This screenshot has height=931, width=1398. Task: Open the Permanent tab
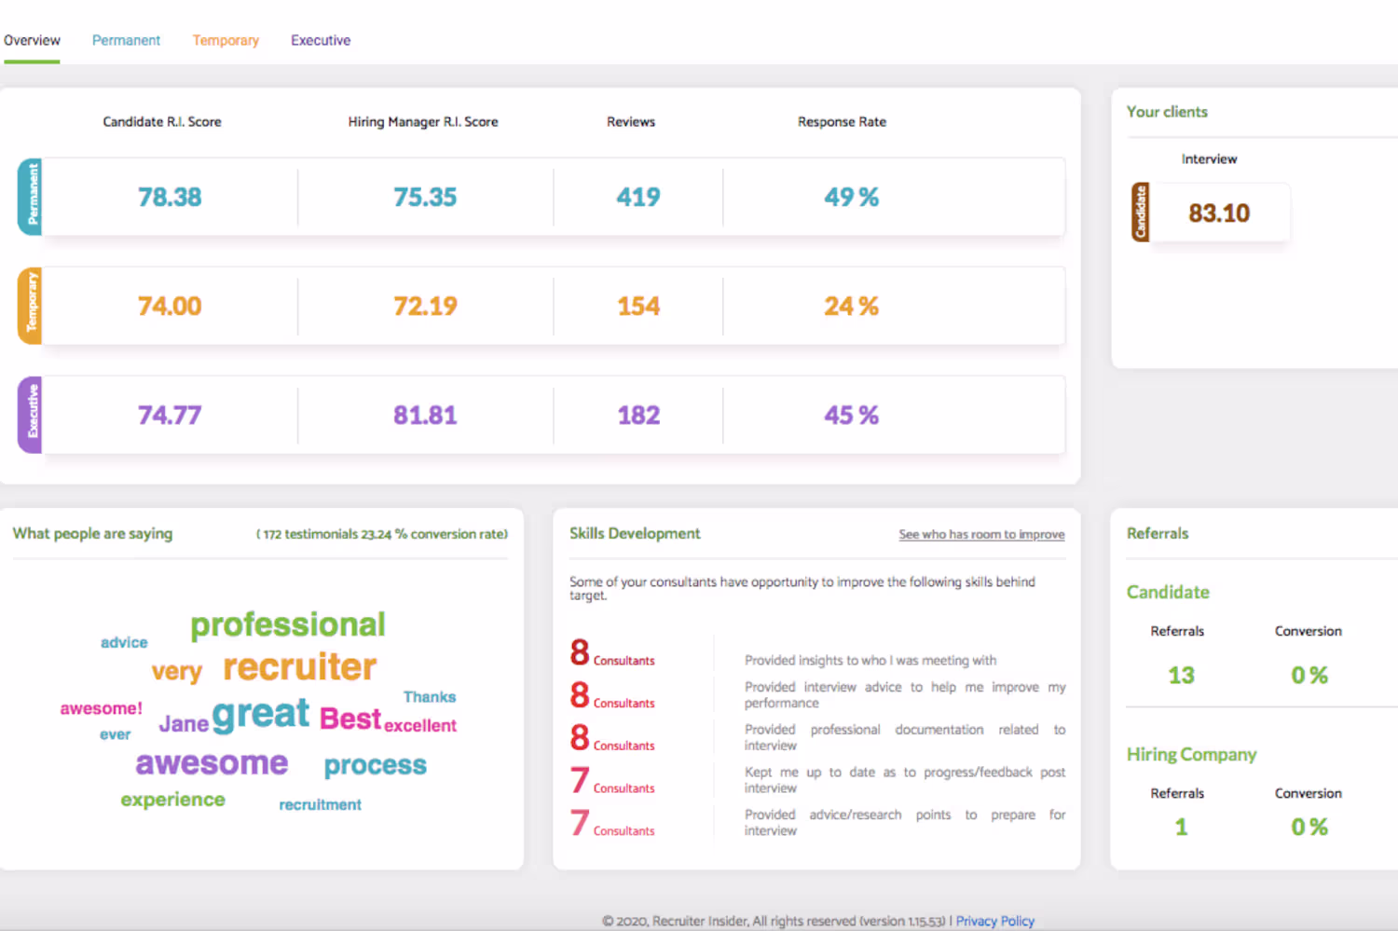tap(126, 40)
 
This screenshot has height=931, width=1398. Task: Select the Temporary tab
tap(226, 40)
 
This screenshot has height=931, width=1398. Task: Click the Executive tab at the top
tap(321, 40)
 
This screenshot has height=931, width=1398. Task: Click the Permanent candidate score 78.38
tap(170, 197)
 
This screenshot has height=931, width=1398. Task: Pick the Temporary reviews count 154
tap(638, 306)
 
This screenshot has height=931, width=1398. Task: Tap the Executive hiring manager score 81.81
tap(425, 415)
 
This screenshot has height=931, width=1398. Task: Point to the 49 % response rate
tap(851, 197)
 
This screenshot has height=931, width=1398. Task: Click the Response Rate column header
tap(842, 121)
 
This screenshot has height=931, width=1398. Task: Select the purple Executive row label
tap(31, 415)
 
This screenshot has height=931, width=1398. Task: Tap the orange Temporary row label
tap(31, 306)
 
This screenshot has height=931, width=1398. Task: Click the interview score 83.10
tap(1219, 213)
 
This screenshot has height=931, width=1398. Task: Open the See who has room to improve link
tap(981, 534)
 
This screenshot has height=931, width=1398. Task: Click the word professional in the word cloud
tap(288, 624)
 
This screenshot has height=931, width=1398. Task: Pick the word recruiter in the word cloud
tap(300, 666)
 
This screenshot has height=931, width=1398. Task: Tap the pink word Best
tap(350, 719)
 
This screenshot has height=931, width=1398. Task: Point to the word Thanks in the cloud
tap(430, 697)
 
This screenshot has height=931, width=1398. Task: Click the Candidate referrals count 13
tap(1181, 675)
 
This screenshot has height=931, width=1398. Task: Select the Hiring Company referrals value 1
tap(1181, 827)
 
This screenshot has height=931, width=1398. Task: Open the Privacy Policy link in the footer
tap(995, 921)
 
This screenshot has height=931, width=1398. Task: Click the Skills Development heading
tap(635, 533)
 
